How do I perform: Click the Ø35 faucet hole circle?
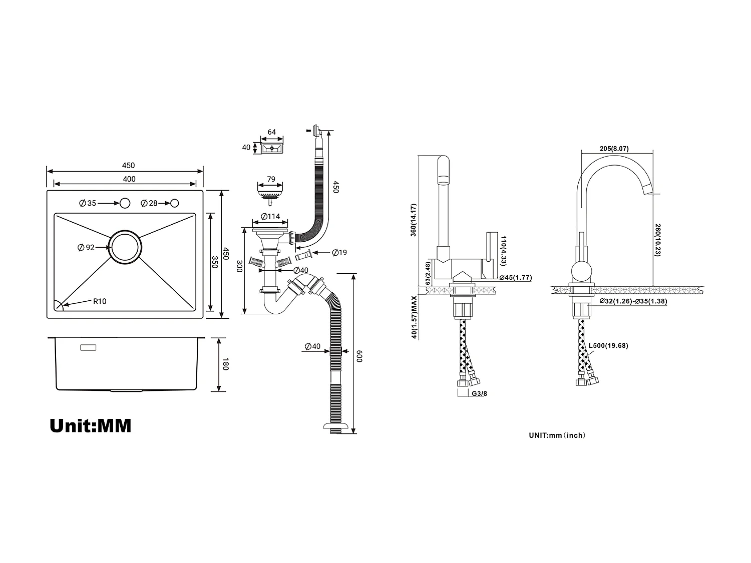click(125, 203)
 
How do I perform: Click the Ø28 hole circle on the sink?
click(175, 203)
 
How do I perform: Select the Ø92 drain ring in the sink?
click(126, 247)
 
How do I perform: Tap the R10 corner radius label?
click(100, 301)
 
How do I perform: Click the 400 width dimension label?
click(129, 179)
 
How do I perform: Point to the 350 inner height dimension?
click(214, 262)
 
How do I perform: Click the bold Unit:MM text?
click(91, 425)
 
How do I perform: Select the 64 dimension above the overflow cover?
click(271, 132)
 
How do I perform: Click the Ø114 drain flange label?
click(270, 217)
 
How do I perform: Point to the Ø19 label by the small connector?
click(339, 253)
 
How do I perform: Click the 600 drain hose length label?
click(359, 356)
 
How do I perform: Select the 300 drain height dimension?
click(239, 266)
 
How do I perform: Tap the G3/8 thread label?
click(479, 393)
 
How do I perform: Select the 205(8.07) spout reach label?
click(613, 149)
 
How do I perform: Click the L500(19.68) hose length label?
click(608, 345)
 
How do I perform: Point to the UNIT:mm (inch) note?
click(557, 435)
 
